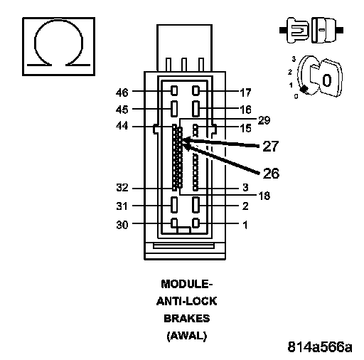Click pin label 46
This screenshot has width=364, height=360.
122,92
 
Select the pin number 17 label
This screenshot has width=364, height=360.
245,92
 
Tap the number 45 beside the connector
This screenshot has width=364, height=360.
122,110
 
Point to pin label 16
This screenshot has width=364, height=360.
245,110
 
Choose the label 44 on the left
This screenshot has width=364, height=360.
122,126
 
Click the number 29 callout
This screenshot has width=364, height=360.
264,120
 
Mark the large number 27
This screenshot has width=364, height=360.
271,146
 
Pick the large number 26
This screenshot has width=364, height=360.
271,174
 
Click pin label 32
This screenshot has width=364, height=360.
122,188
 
